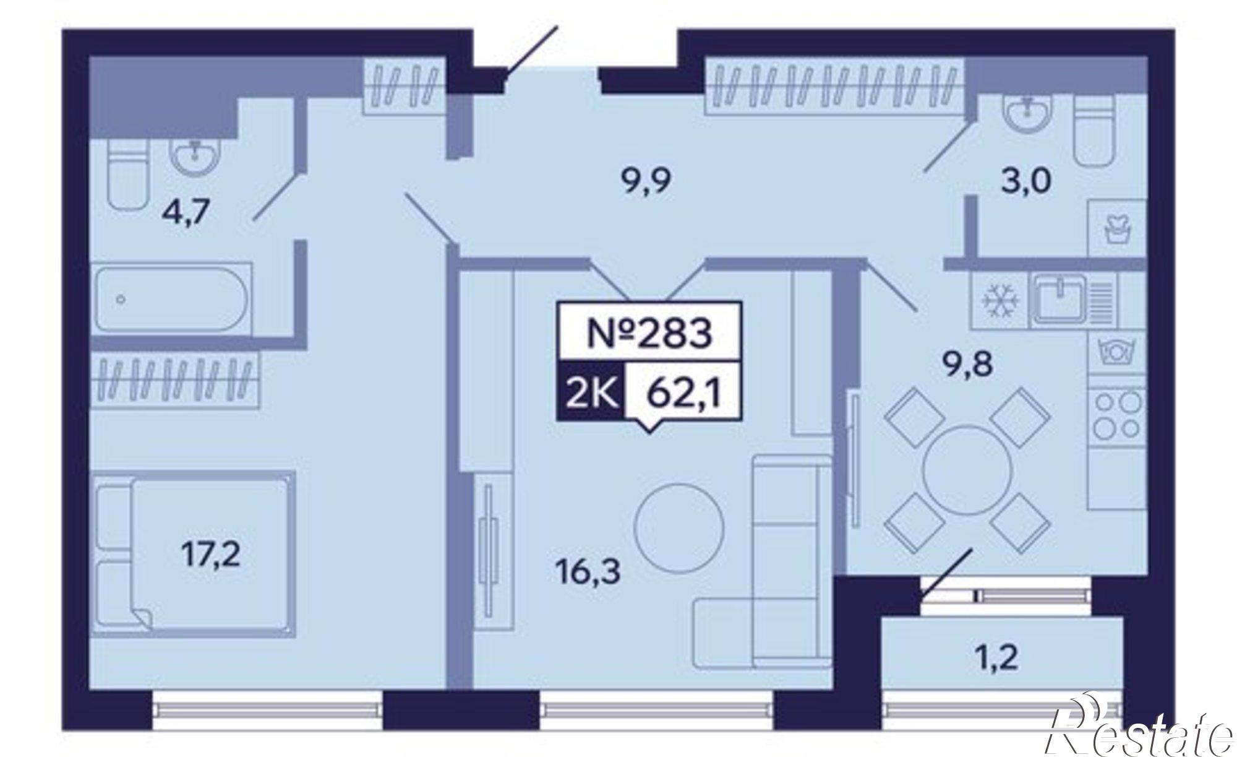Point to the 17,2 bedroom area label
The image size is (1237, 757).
(x=211, y=556)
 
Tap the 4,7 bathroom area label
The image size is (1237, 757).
(x=186, y=214)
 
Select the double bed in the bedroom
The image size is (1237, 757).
(x=193, y=553)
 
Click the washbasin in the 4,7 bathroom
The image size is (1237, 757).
(x=195, y=155)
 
